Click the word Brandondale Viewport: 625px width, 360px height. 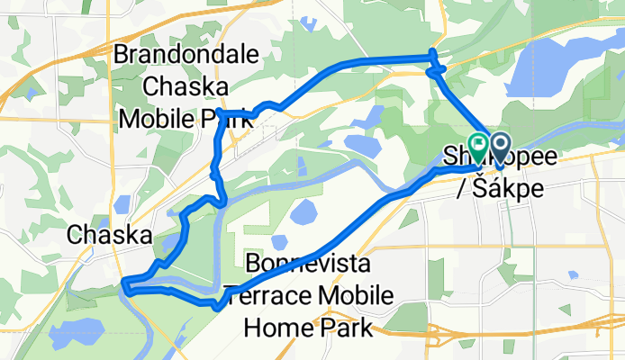click(186, 56)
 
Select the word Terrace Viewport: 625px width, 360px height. click(267, 296)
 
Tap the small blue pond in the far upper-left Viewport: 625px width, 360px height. click(32, 93)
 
